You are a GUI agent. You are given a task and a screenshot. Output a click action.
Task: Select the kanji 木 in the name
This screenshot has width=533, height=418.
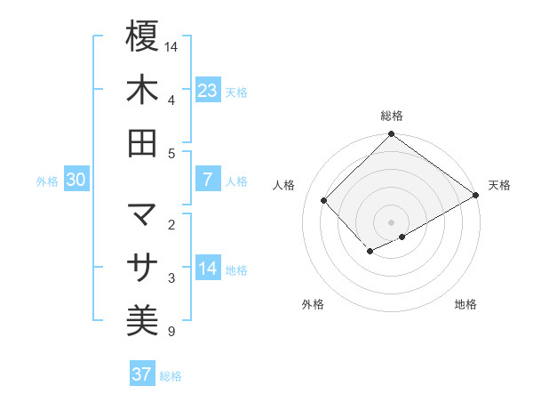click(x=142, y=90)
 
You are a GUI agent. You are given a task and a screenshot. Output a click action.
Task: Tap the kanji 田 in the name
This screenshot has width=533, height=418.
click(x=142, y=143)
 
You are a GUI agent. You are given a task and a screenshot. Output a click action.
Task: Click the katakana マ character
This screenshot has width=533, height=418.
click(x=142, y=214)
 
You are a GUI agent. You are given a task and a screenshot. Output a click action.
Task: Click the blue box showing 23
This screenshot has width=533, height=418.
click(x=207, y=90)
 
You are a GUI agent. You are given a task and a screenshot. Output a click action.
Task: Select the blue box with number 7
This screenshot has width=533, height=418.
click(x=207, y=179)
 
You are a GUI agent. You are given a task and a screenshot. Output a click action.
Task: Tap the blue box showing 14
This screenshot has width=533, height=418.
click(x=207, y=268)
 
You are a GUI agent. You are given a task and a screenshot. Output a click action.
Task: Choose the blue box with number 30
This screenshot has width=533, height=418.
click(x=76, y=180)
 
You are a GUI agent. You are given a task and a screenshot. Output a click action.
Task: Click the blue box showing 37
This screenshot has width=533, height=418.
click(x=142, y=374)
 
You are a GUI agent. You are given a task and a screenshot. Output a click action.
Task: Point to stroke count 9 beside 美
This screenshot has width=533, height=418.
click(x=171, y=333)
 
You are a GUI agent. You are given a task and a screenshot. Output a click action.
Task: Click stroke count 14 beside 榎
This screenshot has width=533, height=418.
click(x=172, y=45)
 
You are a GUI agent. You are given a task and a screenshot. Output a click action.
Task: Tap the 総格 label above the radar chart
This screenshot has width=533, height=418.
click(x=391, y=116)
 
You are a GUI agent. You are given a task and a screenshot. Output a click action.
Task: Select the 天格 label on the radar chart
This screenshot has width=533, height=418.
click(x=499, y=185)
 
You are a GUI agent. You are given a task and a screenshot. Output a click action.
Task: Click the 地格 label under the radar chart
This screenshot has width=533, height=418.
click(x=465, y=304)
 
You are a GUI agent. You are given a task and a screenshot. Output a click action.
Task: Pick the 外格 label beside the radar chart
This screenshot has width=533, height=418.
click(x=313, y=304)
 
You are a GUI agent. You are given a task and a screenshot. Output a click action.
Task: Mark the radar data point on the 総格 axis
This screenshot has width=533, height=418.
click(x=391, y=135)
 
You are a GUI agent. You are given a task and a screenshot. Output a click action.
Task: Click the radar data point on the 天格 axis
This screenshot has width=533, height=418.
click(x=476, y=195)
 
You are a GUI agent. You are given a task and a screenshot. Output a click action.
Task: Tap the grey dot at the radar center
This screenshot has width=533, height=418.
click(x=391, y=221)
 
